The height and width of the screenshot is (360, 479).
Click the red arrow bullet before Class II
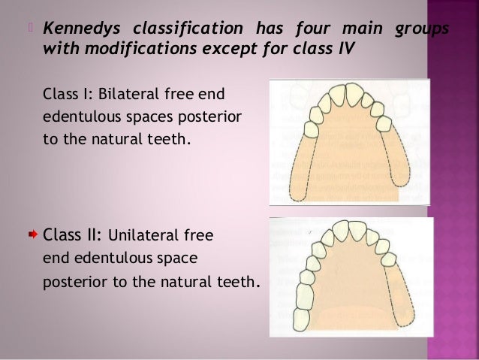pos(33,235)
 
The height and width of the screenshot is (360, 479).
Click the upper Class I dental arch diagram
pos(350,141)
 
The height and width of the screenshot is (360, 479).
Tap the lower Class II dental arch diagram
pos(351,277)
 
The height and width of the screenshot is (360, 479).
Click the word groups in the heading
pos(423,29)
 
